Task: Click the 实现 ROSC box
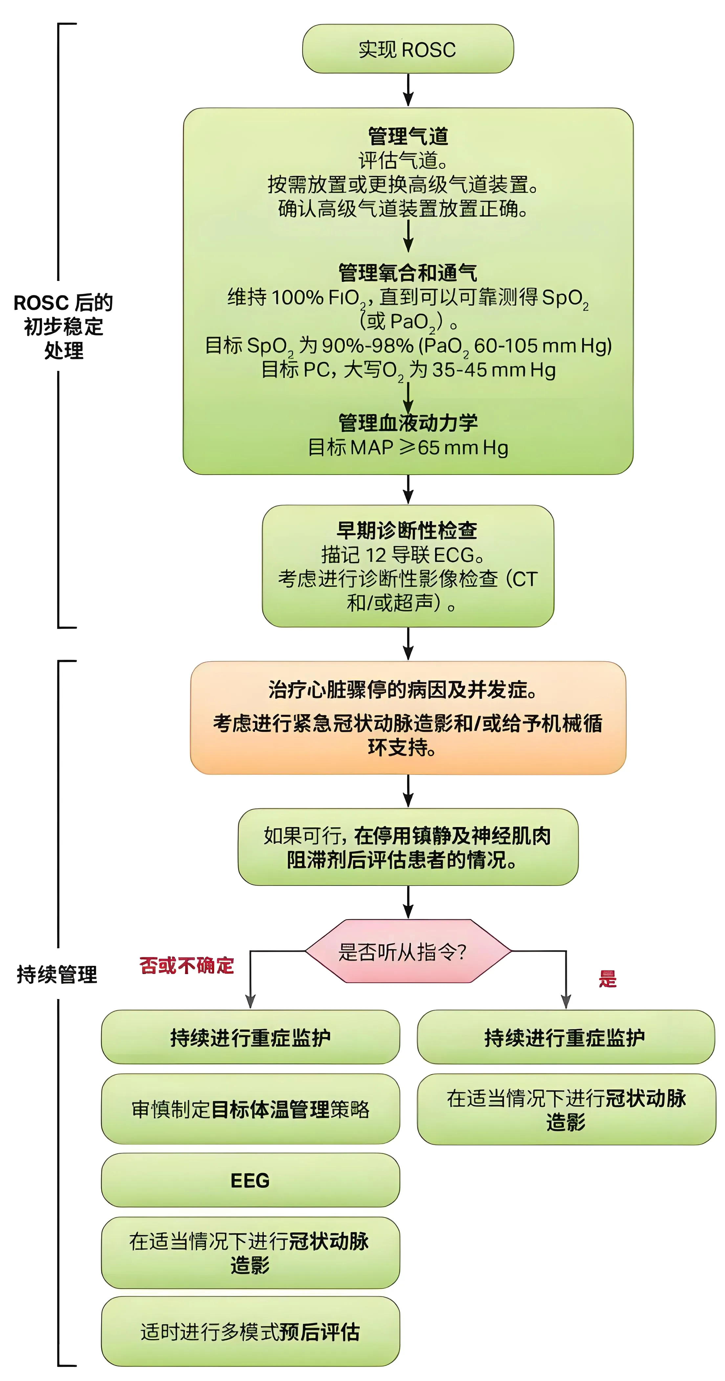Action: point(407,49)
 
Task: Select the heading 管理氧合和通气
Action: point(407,273)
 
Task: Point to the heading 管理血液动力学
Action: point(407,423)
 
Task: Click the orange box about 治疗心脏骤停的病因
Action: point(407,717)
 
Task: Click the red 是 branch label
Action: point(607,979)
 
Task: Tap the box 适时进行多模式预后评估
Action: point(251,1332)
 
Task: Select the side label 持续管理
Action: point(57,974)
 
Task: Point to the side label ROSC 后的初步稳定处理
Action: point(63,326)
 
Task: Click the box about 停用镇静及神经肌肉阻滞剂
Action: point(407,847)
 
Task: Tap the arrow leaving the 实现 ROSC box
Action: point(408,90)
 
